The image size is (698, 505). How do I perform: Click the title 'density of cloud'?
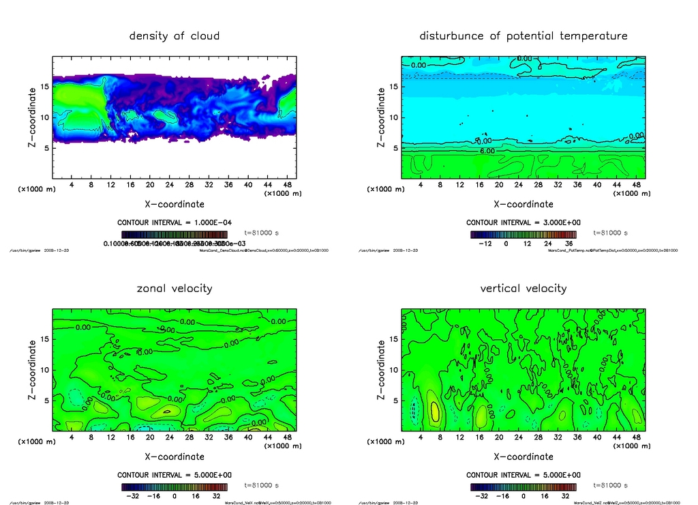pos(174,35)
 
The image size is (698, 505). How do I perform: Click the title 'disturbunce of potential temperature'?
pos(523,35)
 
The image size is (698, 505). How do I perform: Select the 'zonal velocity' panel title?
pos(174,288)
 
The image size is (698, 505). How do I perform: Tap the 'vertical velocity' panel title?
pos(523,288)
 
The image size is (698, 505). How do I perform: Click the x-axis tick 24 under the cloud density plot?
pos(169,185)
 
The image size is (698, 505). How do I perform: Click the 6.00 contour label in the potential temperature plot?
pos(487,150)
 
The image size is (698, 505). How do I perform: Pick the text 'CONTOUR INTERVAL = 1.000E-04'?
pos(174,222)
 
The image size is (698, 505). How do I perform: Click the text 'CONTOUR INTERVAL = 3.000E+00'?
pos(523,222)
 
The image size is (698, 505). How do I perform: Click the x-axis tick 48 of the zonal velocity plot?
pos(286,437)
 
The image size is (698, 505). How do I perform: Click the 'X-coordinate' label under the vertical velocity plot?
pos(523,457)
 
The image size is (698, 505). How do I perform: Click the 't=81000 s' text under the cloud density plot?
pos(262,233)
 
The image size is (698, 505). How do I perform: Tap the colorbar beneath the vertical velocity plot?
pos(523,487)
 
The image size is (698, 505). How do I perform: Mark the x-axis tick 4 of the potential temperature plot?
pos(421,185)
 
